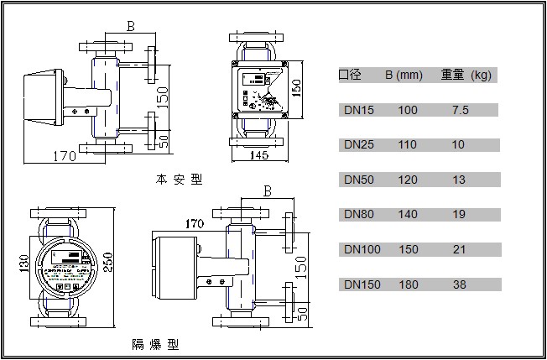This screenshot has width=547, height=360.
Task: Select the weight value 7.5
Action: pyautogui.click(x=460, y=110)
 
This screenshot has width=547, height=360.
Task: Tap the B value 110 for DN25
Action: pyautogui.click(x=408, y=145)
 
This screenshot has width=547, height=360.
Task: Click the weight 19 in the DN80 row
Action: pyautogui.click(x=458, y=215)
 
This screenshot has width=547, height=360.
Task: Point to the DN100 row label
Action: pyautogui.click(x=362, y=250)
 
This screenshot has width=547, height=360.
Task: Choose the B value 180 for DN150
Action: pyautogui.click(x=408, y=285)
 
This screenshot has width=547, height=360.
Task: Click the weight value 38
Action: pyautogui.click(x=458, y=285)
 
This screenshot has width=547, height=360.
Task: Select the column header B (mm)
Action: pyautogui.click(x=404, y=76)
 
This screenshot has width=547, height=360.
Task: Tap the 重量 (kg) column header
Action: pyautogui.click(x=466, y=76)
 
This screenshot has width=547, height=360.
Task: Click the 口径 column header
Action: pyautogui.click(x=350, y=76)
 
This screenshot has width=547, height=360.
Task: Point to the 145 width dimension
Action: pyautogui.click(x=258, y=155)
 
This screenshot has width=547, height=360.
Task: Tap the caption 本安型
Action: pyautogui.click(x=179, y=180)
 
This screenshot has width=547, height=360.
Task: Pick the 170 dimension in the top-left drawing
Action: pyautogui.click(x=65, y=155)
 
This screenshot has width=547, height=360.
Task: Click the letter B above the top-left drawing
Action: pyautogui.click(x=130, y=26)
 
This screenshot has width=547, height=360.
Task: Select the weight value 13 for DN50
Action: pyautogui.click(x=458, y=180)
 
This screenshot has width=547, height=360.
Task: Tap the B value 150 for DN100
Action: pyautogui.click(x=408, y=250)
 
